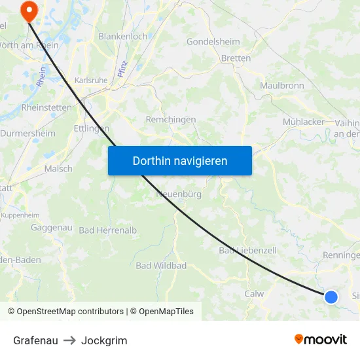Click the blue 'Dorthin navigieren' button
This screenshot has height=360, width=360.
click(x=179, y=160)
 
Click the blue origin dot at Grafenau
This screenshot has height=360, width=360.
click(x=331, y=297)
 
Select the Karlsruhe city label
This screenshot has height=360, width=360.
click(x=91, y=80)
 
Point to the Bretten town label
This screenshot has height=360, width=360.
click(x=236, y=58)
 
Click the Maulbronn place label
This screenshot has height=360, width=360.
click(x=282, y=86)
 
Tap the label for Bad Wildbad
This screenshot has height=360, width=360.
click(x=161, y=266)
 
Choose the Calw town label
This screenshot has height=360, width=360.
click(x=254, y=294)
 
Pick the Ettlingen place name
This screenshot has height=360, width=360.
click(x=92, y=128)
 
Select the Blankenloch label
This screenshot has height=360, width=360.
click(x=122, y=37)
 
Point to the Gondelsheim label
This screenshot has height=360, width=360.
click(x=213, y=41)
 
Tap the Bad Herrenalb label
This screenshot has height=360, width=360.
click(x=108, y=230)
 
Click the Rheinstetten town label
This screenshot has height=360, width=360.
click(x=46, y=107)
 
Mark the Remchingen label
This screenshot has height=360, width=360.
click(x=170, y=120)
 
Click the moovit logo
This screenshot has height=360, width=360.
click(x=320, y=339)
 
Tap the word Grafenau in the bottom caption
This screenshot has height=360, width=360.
click(x=35, y=340)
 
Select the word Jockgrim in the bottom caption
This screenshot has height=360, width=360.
click(x=104, y=340)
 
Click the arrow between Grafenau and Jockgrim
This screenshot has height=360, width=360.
click(x=69, y=340)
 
